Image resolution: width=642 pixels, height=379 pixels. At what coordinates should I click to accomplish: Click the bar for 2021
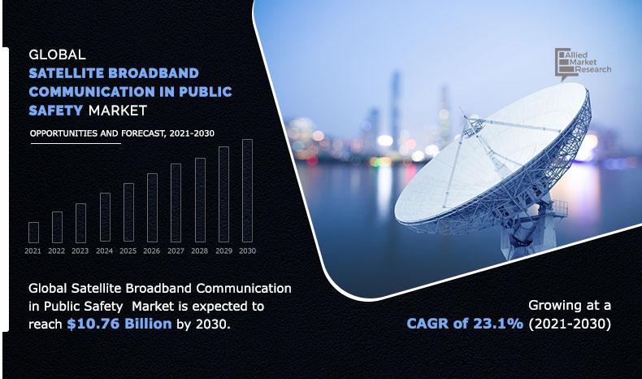pyautogui.click(x=33, y=233)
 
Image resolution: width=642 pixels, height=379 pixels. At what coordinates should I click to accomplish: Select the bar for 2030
pyautogui.click(x=247, y=191)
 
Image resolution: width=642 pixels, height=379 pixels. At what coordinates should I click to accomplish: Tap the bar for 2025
pyautogui.click(x=128, y=213)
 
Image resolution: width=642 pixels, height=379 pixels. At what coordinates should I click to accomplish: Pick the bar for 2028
pyautogui.click(x=200, y=200)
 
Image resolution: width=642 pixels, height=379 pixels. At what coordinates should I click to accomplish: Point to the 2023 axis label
pyautogui.click(x=80, y=251)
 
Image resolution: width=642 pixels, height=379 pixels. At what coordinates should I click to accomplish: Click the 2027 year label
pyautogui.click(x=176, y=251)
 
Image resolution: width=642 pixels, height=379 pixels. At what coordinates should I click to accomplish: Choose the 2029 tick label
pyautogui.click(x=223, y=251)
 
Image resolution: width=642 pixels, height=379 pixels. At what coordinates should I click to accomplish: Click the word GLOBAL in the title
pyautogui.click(x=57, y=56)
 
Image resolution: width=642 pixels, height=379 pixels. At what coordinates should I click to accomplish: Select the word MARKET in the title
pyautogui.click(x=119, y=109)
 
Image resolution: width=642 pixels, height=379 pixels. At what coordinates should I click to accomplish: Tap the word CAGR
pyautogui.click(x=432, y=324)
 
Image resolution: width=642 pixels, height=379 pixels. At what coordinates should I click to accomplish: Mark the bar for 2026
pyautogui.click(x=152, y=208)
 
